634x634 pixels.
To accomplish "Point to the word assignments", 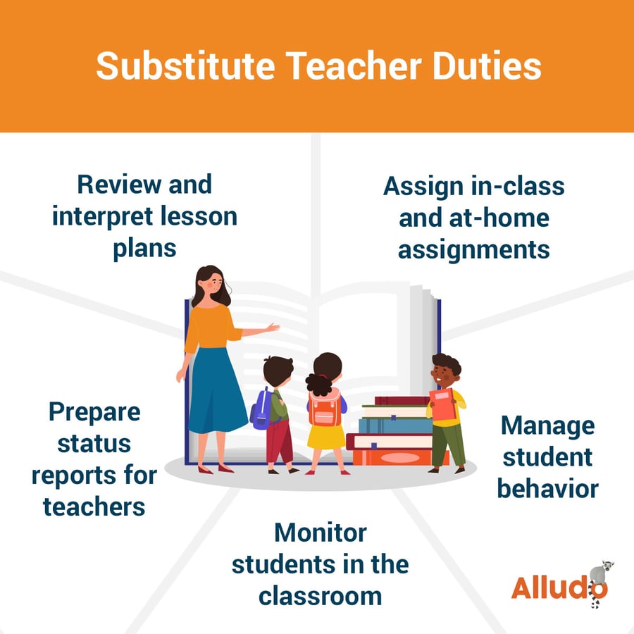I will (x=473, y=249).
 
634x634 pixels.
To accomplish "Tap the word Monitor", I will (x=321, y=532).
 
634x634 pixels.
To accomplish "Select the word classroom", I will (x=320, y=595).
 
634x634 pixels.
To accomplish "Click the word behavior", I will (x=547, y=487).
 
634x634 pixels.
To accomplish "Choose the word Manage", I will (x=547, y=425).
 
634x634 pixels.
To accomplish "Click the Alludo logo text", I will (x=549, y=587).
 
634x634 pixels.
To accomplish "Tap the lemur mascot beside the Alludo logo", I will (x=599, y=581).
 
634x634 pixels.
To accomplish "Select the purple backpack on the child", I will (x=261, y=409).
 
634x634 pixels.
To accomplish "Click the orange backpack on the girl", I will (x=325, y=409).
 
